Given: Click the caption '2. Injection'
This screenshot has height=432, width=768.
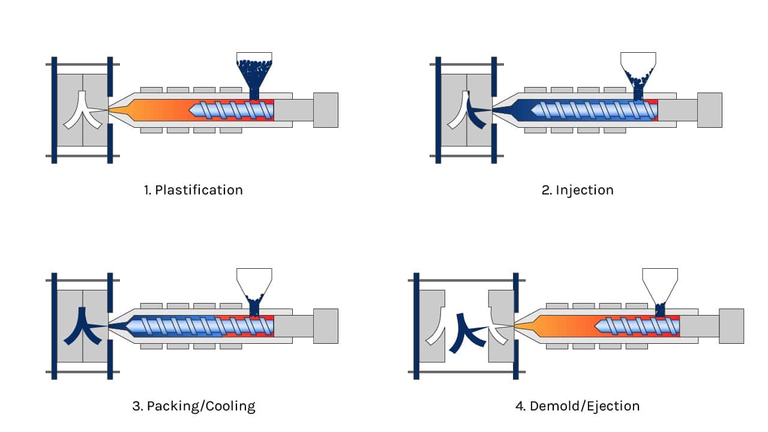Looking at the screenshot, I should [x=577, y=190].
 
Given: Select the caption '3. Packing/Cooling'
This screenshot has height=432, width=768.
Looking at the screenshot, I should [x=193, y=406].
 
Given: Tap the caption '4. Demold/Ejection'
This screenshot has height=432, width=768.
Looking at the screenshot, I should [x=577, y=406].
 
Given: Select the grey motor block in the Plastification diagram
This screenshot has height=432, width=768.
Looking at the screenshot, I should [x=325, y=110].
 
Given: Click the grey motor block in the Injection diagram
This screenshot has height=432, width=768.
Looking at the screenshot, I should [x=709, y=110].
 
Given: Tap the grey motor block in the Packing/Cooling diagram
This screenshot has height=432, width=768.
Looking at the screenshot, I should [x=325, y=326].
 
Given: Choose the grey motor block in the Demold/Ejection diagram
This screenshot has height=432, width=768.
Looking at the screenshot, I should [x=731, y=326].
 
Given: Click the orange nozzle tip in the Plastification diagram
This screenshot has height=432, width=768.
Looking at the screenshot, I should [x=120, y=110].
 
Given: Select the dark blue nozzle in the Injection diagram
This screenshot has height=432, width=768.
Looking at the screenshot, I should [x=507, y=110].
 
